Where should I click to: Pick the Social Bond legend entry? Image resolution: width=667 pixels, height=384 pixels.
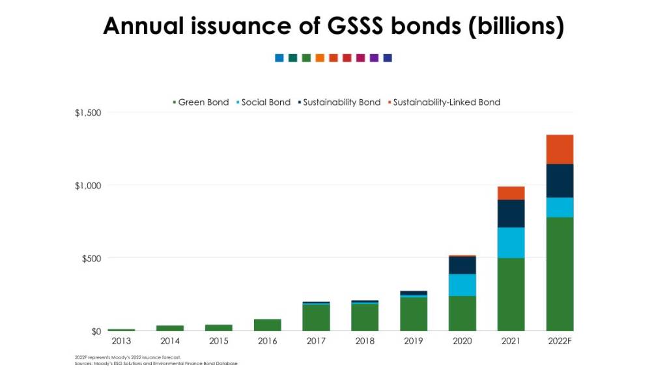[x=263, y=102]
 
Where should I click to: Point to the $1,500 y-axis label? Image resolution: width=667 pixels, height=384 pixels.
[x=88, y=113]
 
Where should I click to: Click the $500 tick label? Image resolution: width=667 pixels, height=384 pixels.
[x=91, y=258]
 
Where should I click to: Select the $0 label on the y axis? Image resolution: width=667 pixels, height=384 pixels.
[x=96, y=331]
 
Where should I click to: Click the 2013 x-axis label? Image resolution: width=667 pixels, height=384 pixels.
[x=121, y=342]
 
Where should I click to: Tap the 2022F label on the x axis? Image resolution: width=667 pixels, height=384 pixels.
[x=560, y=342]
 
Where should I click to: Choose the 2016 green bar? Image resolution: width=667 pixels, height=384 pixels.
[x=268, y=325]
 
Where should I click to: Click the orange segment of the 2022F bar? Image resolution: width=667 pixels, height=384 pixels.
[x=560, y=149]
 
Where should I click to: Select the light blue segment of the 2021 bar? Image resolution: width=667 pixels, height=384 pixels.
[x=511, y=243]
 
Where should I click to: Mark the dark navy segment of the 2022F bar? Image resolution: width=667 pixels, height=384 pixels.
[x=560, y=181]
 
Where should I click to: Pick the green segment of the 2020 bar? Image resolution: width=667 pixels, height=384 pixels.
[x=462, y=314]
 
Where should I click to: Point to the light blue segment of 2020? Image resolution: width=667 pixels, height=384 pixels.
[x=462, y=285]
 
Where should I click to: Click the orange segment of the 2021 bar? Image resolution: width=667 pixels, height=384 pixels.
[x=511, y=193]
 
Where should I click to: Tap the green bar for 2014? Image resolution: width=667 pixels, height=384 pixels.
[x=170, y=328]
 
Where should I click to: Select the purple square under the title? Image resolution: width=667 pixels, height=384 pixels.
[x=374, y=58]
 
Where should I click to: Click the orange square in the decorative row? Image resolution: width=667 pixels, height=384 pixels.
[x=320, y=58]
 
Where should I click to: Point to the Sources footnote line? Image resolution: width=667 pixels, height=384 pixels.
[x=156, y=363]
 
